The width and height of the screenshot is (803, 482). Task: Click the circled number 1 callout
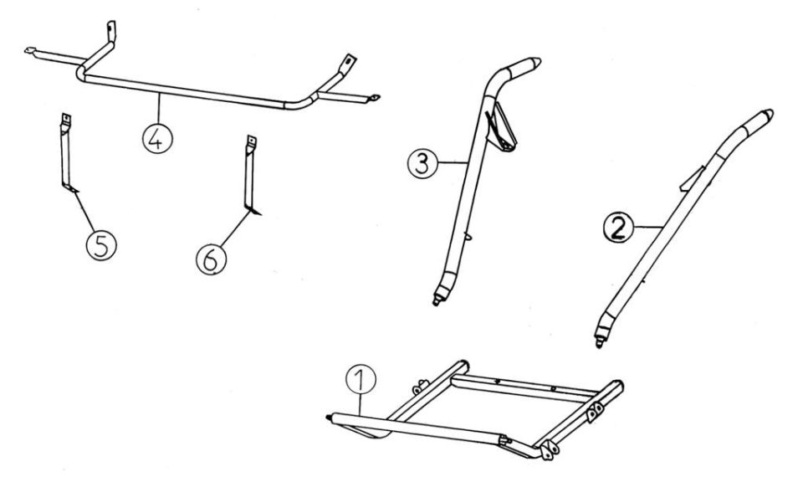[x=361, y=380]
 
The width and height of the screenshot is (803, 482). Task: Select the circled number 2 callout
[x=619, y=228]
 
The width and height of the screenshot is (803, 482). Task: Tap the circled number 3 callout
[x=422, y=166]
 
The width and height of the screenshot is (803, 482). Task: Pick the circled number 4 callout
[x=157, y=138]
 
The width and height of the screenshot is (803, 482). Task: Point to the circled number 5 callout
[x=101, y=245]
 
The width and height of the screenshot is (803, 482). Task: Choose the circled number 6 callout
[x=211, y=259]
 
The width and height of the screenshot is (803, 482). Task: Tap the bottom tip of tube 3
[x=436, y=303]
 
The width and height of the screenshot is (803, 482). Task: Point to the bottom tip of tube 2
[x=599, y=346]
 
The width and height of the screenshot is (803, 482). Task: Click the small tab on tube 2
[x=692, y=179]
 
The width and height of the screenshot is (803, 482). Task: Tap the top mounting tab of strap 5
[x=65, y=120]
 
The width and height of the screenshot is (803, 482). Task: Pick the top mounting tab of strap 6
[x=252, y=141]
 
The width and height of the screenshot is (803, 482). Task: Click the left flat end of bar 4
[x=31, y=50]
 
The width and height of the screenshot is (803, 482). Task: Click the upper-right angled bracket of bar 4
[x=348, y=64]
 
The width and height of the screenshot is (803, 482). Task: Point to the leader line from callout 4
[x=159, y=109]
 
